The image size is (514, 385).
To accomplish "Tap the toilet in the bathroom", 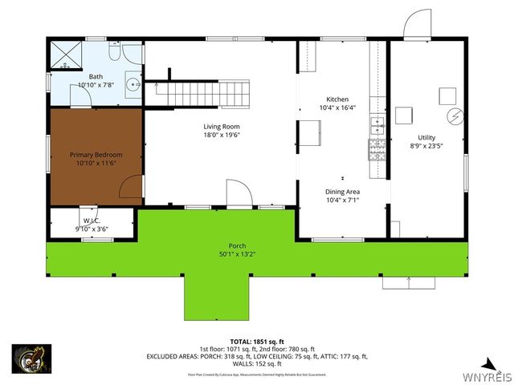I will click(115, 52).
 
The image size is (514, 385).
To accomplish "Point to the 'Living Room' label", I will click(221, 127).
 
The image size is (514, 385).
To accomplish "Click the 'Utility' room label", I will click(426, 137).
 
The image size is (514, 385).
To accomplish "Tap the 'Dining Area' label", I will click(342, 192).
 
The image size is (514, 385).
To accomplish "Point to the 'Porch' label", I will click(237, 246).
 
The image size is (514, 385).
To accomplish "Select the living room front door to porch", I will click(238, 193).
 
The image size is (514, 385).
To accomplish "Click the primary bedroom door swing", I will click(129, 188).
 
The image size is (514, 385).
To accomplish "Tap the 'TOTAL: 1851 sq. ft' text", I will click(257, 340).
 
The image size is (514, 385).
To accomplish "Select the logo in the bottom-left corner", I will click(31, 359).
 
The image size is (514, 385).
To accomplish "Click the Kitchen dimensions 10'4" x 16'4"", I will click(342, 107).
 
